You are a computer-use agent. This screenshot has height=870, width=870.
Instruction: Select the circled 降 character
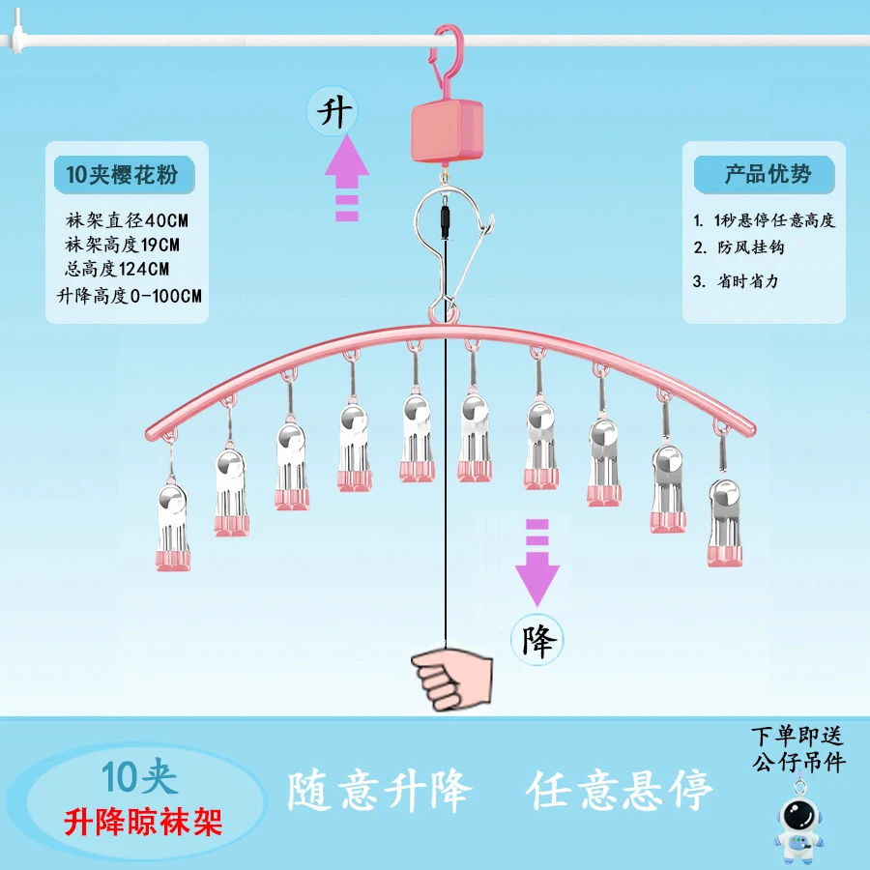(x=536, y=638)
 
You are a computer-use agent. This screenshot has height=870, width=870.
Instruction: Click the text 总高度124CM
(x=118, y=269)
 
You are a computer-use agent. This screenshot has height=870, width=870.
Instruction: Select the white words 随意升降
(x=379, y=792)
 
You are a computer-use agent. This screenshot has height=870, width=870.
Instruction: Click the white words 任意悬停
(x=620, y=792)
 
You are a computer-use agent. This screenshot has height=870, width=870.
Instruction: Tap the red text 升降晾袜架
(x=144, y=822)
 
